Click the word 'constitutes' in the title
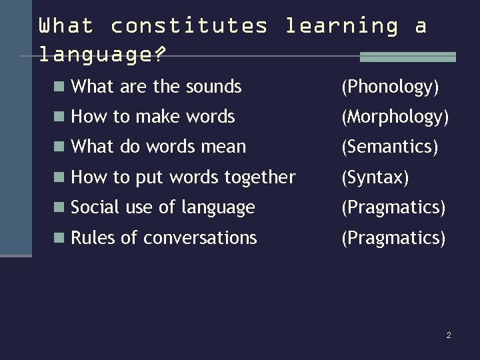click(189, 26)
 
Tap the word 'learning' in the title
click(341, 26)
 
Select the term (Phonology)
click(390, 87)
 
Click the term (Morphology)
click(395, 117)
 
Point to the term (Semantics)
click(390, 147)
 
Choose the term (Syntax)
click(375, 177)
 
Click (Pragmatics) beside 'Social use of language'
click(393, 208)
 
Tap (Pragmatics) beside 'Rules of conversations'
click(393, 238)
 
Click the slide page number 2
click(449, 335)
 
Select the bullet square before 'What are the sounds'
click(59, 86)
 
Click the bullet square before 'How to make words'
click(59, 117)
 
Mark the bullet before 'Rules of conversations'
click(59, 238)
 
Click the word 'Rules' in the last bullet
click(93, 238)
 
